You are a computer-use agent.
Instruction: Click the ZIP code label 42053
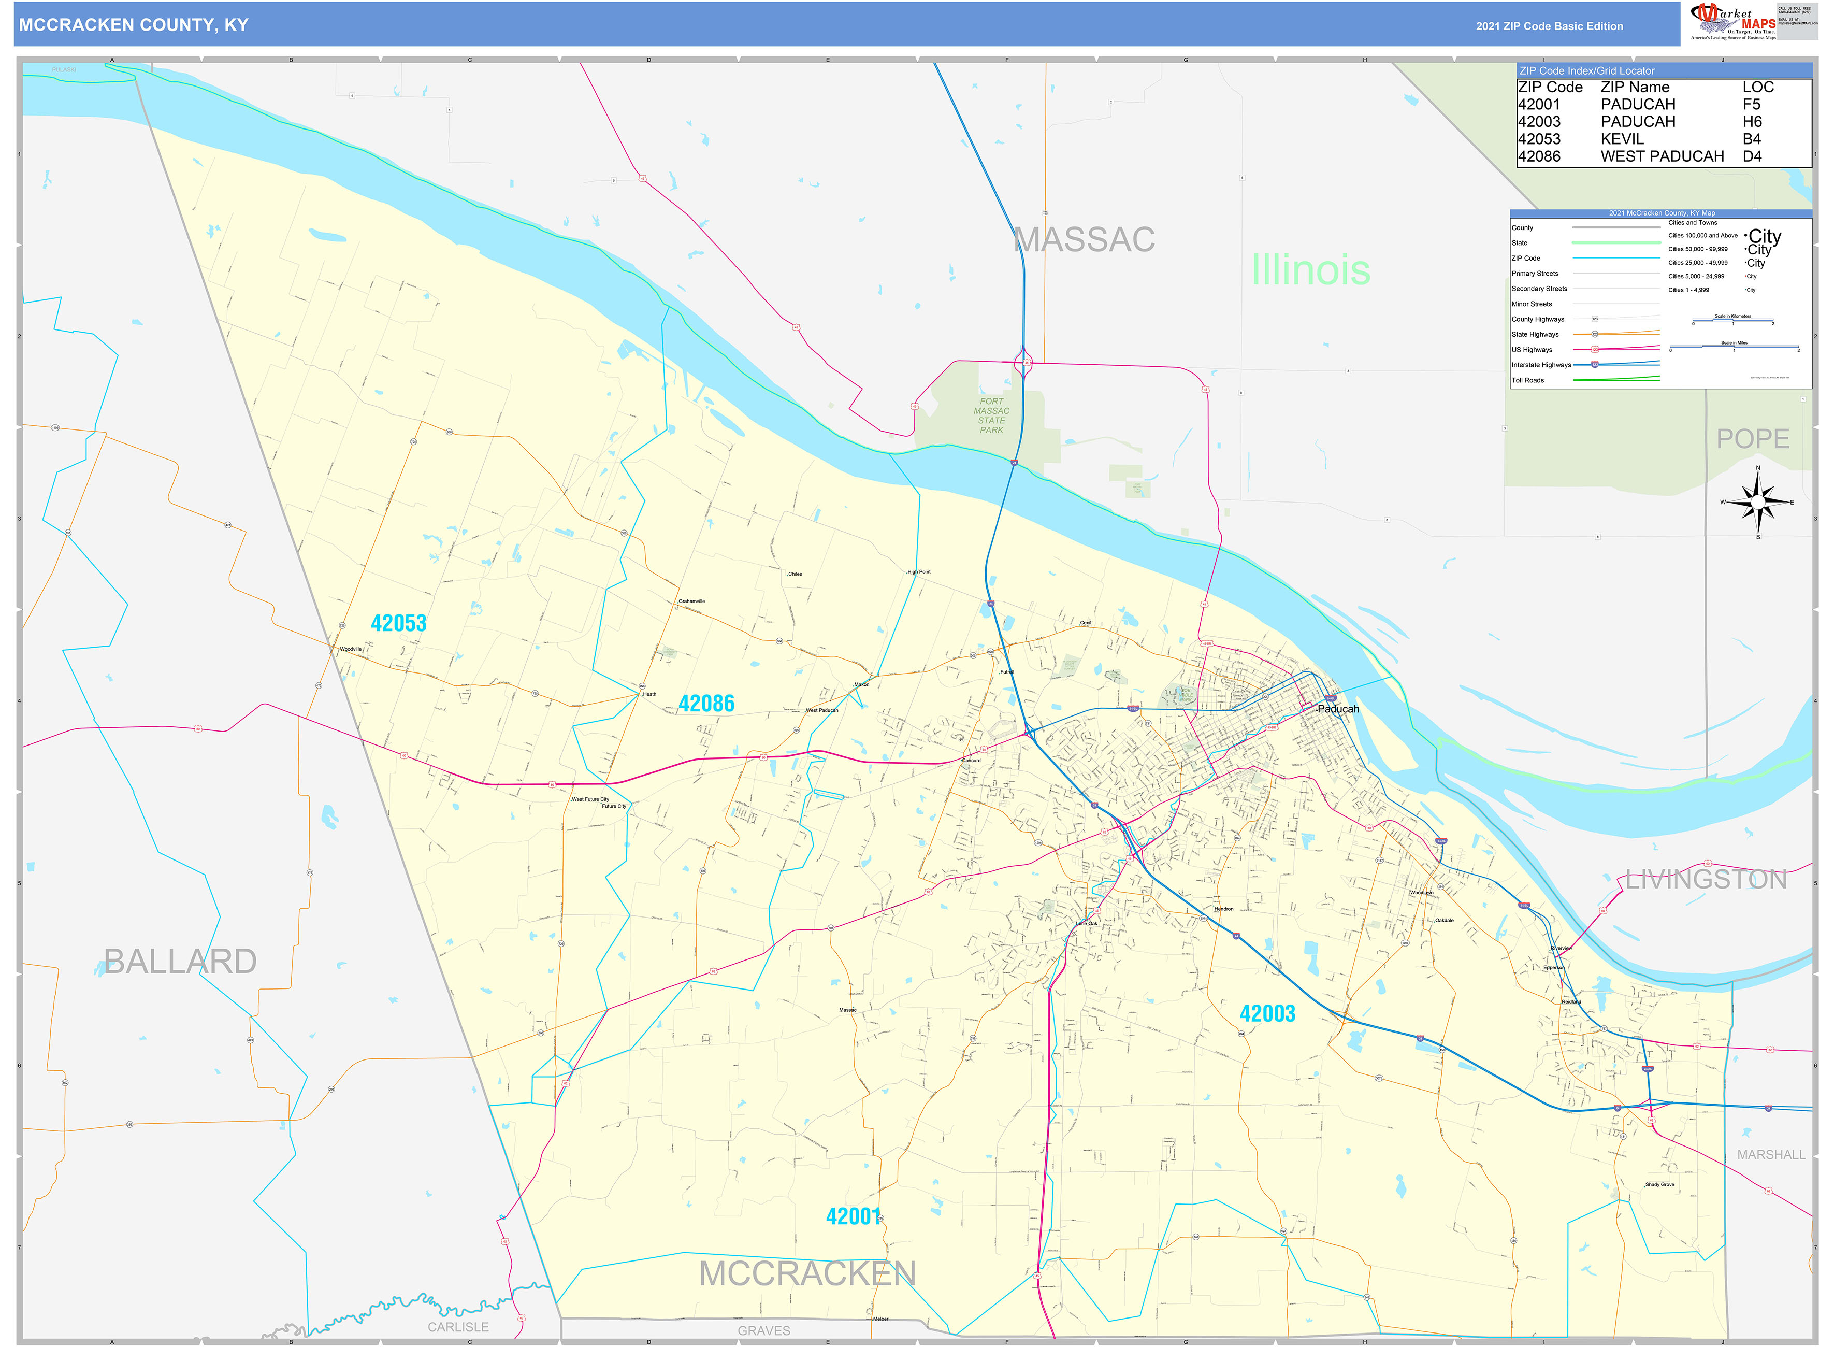pos(399,624)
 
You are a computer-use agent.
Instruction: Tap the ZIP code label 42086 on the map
pos(706,704)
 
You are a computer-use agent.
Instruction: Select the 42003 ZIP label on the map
pos(1267,1013)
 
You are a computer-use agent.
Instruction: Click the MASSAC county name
pos(1084,240)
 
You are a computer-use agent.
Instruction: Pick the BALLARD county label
pos(180,962)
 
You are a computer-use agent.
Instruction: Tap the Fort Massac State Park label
pos(991,416)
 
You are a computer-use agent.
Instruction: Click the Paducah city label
pos(1338,709)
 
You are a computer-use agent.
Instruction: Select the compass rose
pos(1757,502)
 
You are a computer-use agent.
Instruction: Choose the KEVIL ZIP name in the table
pos(1622,139)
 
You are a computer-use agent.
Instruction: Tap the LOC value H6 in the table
pos(1752,122)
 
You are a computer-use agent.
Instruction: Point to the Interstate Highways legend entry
pos(1540,365)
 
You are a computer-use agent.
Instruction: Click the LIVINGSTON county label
pos(1705,880)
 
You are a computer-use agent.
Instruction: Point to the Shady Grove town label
pos(1659,1185)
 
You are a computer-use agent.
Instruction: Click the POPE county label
pos(1753,439)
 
